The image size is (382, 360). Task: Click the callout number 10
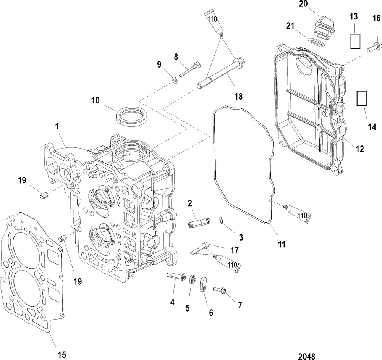tap(95, 100)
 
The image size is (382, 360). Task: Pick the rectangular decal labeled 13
tap(355, 41)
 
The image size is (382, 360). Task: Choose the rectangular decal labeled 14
tap(361, 98)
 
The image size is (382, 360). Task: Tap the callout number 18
tap(239, 97)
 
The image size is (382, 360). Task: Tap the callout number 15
tap(62, 354)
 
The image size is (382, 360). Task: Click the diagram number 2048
tap(307, 356)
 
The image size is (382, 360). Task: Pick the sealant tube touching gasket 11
tap(297, 213)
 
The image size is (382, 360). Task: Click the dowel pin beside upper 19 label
tap(43, 195)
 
